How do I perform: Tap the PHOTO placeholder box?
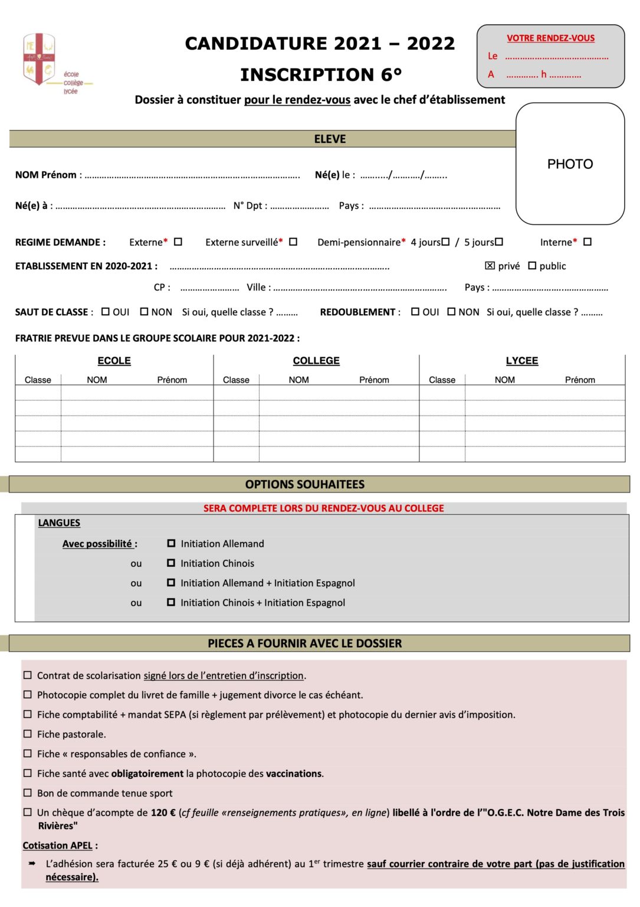pyautogui.click(x=570, y=164)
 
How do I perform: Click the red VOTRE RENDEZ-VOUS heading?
pyautogui.click(x=550, y=38)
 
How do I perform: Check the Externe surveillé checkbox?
pyautogui.click(x=293, y=242)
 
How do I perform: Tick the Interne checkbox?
pyautogui.click(x=588, y=242)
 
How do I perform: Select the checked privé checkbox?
pyautogui.click(x=490, y=266)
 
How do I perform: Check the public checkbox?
pyautogui.click(x=532, y=266)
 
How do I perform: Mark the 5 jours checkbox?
pyautogui.click(x=499, y=242)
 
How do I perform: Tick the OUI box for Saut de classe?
pyautogui.click(x=106, y=311)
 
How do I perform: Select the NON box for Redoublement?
pyautogui.click(x=451, y=311)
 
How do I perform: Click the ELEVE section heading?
pyautogui.click(x=330, y=139)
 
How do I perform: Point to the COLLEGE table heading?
pyautogui.click(x=316, y=361)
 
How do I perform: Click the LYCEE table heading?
pyautogui.click(x=522, y=361)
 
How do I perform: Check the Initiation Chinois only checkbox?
pyautogui.click(x=171, y=563)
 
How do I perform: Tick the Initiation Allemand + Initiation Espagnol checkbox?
pyautogui.click(x=171, y=582)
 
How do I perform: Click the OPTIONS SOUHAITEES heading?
pyautogui.click(x=305, y=484)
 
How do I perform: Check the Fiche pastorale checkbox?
pyautogui.click(x=28, y=734)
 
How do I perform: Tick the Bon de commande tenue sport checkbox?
pyautogui.click(x=28, y=792)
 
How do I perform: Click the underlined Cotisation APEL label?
pyautogui.click(x=58, y=846)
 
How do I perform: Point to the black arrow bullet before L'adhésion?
pyautogui.click(x=32, y=863)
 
